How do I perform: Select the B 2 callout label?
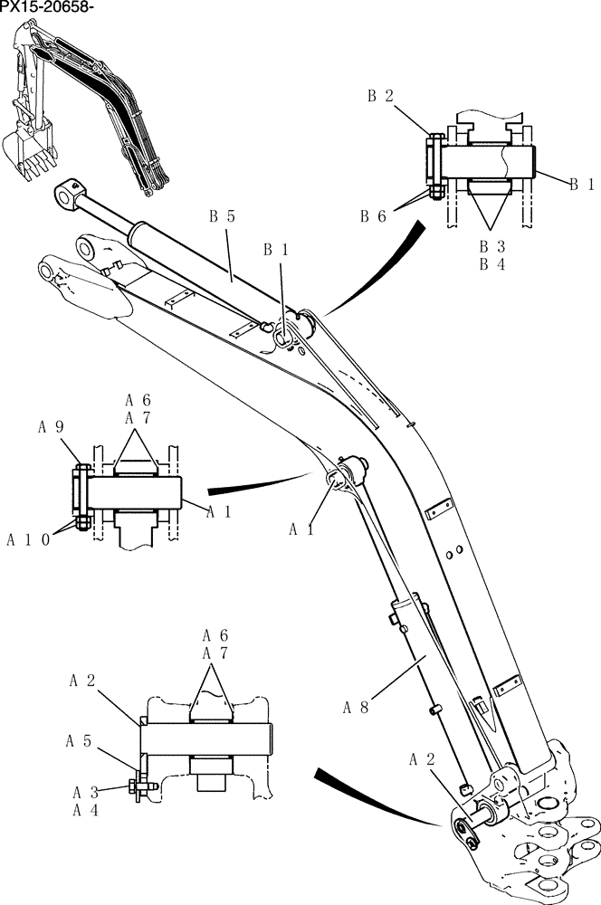point(379,96)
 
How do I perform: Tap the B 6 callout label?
point(373,215)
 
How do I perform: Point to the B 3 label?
point(491,245)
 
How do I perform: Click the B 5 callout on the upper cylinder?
point(222,216)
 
